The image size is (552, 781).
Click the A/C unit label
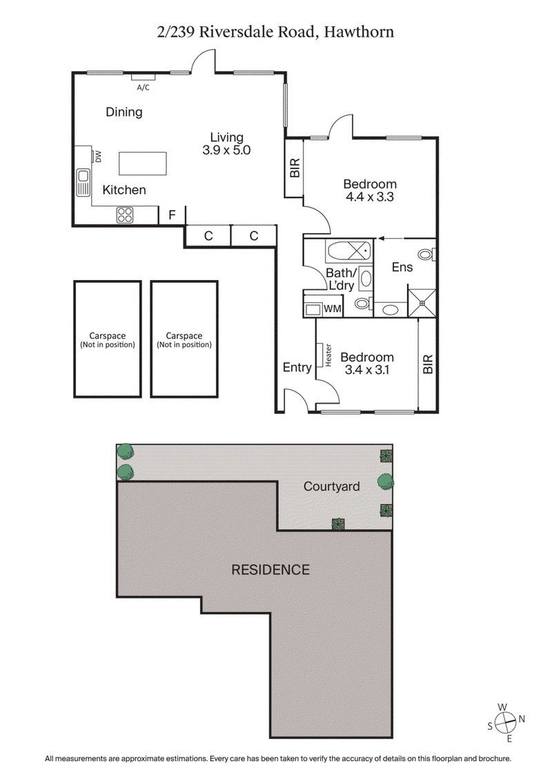coord(143,88)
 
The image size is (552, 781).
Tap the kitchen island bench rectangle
coord(143,164)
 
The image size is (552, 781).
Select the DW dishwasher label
coord(98,157)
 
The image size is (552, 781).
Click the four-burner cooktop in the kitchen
coord(125,215)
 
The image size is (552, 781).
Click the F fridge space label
coord(171,216)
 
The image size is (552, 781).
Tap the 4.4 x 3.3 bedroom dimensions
coord(370,196)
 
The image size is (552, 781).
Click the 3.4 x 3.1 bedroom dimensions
coord(367,370)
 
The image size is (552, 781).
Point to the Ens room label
coord(402,266)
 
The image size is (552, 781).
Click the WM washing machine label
coord(332,308)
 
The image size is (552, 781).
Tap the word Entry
coord(297,368)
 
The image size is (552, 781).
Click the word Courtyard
coord(332,486)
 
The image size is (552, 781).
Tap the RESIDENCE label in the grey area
coord(270,570)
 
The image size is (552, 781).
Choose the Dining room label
coord(124,112)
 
